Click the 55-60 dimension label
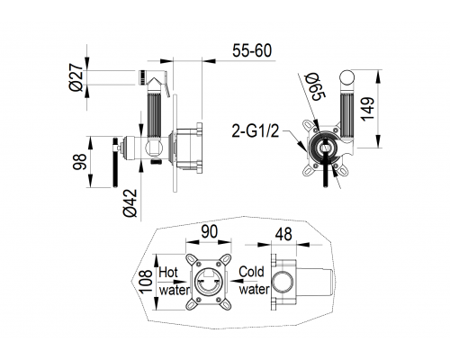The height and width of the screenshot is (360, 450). coord(252,50)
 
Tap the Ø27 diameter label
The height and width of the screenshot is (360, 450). coord(76,77)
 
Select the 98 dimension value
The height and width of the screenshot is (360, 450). coord(80,162)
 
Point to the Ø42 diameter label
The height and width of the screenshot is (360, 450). coord(130,202)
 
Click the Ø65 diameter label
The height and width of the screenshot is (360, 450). coord(315,87)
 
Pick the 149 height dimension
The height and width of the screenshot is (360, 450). coord(368,109)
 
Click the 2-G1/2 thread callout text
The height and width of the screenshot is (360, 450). coord(256,131)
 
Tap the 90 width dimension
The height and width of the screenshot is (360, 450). coord(209,232)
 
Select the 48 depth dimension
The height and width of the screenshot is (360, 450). coord(283,234)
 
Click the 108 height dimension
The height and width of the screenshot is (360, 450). coord(146,282)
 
